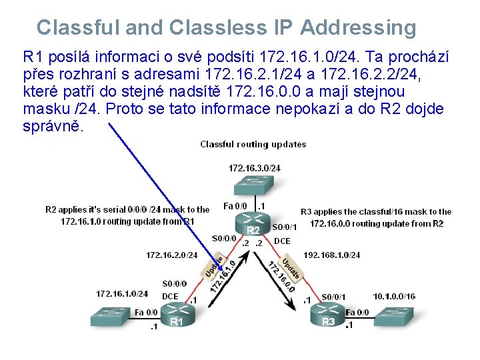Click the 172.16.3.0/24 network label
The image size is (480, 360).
click(x=254, y=168)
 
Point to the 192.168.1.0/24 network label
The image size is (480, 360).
click(x=332, y=255)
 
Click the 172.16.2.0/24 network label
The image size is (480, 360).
click(x=171, y=255)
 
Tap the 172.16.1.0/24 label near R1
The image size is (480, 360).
click(x=122, y=293)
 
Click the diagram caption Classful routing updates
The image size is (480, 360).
click(x=253, y=144)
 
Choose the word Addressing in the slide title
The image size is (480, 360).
click(x=359, y=28)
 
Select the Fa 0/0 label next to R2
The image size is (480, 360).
click(x=235, y=206)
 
